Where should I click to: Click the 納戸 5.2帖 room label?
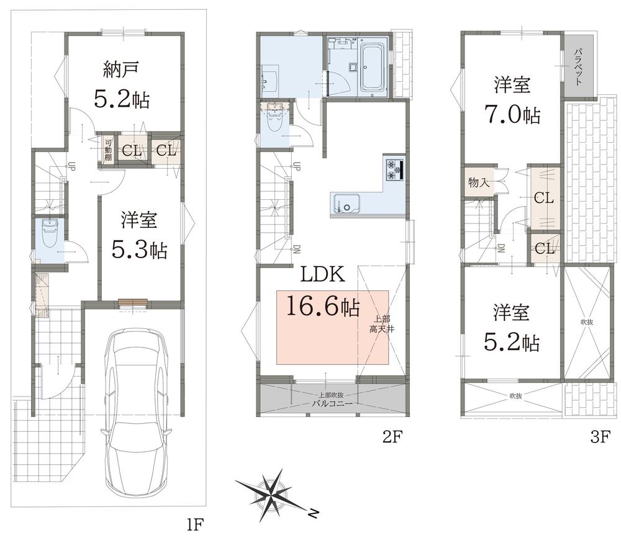(x=122, y=84)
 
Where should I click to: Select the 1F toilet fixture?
(x=50, y=233)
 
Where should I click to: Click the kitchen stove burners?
(x=394, y=169)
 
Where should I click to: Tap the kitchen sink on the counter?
(x=345, y=204)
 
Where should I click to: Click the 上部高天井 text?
(x=382, y=324)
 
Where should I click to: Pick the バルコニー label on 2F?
(x=332, y=403)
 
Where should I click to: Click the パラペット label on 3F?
(x=579, y=66)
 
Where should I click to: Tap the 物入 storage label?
(x=479, y=182)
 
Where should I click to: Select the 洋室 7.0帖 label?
(x=512, y=100)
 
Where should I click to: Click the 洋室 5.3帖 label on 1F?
(x=139, y=235)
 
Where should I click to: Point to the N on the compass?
(x=313, y=513)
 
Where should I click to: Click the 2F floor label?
(x=392, y=437)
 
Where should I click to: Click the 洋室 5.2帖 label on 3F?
(x=511, y=327)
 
